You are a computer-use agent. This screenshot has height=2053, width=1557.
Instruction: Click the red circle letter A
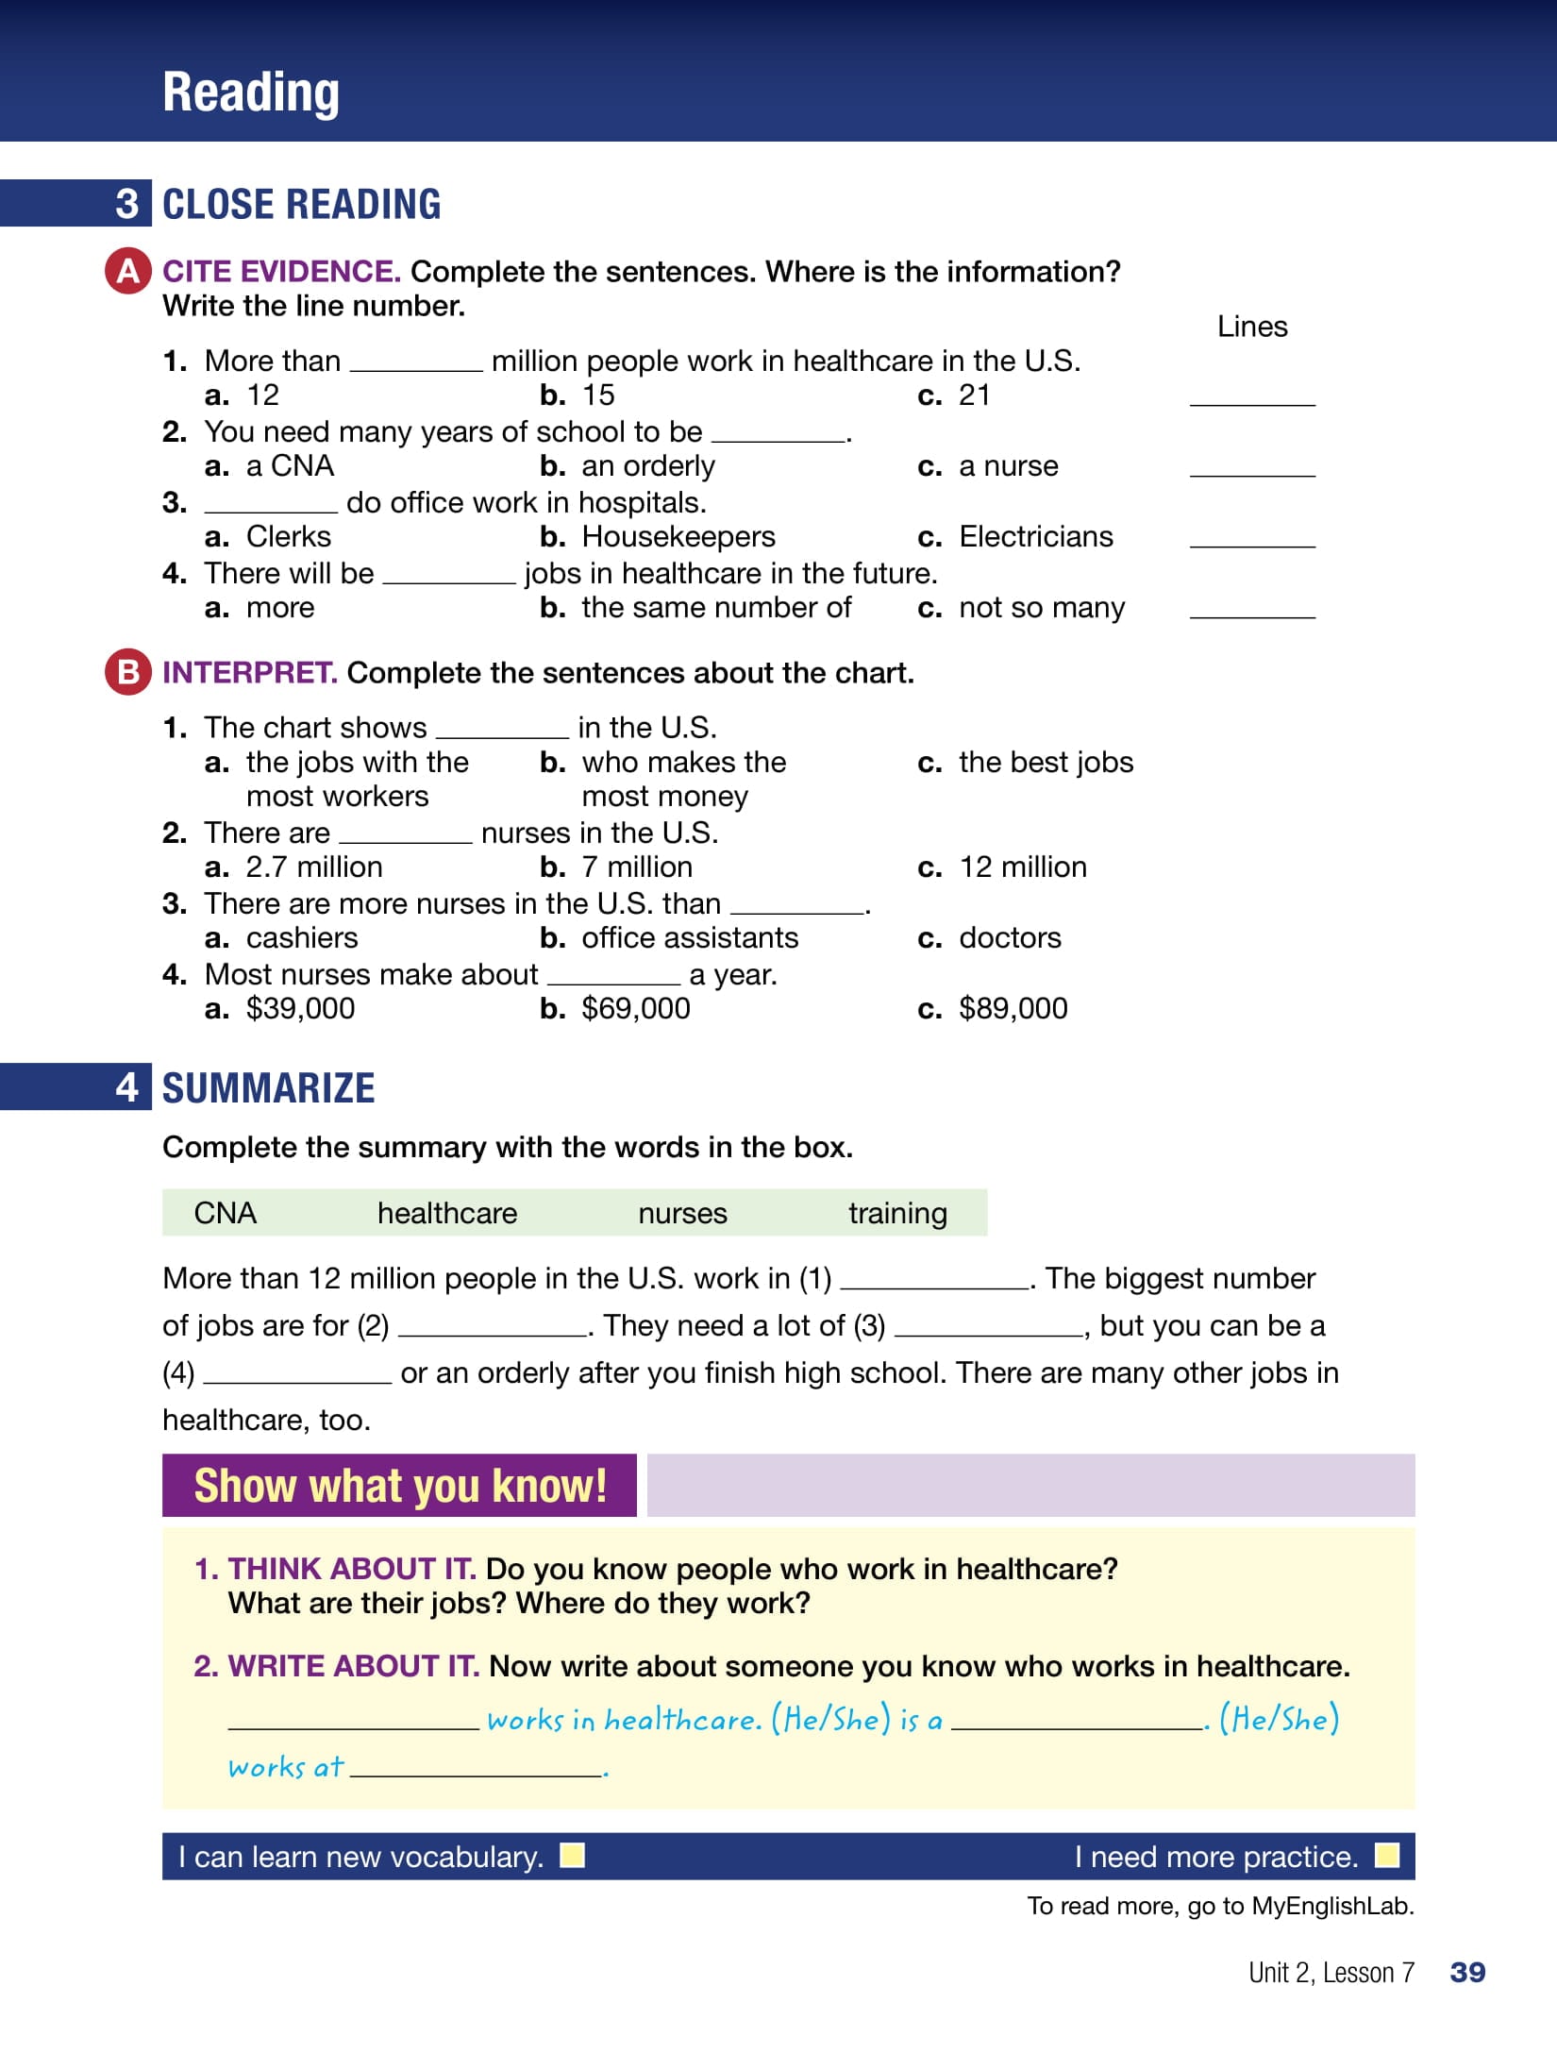[128, 271]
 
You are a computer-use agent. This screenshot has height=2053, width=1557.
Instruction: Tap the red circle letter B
[128, 672]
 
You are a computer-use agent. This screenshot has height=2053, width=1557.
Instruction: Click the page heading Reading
[251, 93]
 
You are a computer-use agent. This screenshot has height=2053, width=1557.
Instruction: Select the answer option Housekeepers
[678, 536]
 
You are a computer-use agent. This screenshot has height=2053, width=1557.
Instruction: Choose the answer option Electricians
[1035, 536]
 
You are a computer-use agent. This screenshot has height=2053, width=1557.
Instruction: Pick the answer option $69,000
[635, 1008]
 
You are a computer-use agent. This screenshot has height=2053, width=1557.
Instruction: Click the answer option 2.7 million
[313, 867]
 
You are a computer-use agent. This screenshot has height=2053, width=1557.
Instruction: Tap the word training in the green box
[897, 1213]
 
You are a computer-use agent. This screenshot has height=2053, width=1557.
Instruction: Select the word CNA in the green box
[225, 1213]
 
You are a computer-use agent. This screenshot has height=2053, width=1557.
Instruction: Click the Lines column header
[1252, 327]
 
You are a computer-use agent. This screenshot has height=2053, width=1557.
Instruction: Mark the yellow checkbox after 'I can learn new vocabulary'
[572, 1856]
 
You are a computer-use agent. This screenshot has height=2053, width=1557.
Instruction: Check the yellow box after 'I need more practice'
[1387, 1856]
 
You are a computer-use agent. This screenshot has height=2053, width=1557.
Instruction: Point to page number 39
[1467, 1972]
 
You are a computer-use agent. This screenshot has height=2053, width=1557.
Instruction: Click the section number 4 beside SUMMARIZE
[127, 1087]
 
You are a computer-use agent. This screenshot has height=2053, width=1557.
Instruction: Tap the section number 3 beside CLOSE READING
[127, 204]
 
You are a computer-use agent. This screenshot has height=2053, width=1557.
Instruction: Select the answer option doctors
[1010, 937]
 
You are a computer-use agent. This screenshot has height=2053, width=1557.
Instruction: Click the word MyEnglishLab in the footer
[1332, 1906]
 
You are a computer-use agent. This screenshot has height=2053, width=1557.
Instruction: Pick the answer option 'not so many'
[1041, 607]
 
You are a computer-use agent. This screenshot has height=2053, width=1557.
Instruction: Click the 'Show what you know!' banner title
[400, 1486]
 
